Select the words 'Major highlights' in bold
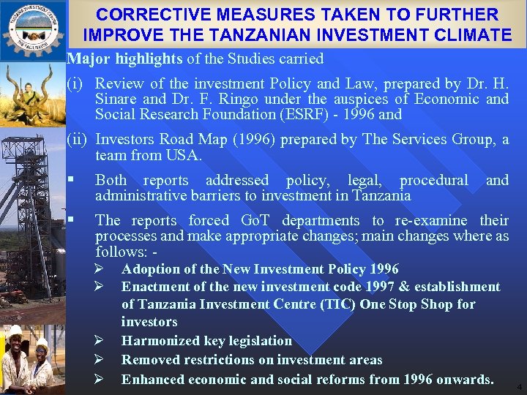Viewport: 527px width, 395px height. (x=124, y=59)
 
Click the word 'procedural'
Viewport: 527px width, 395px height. (x=433, y=180)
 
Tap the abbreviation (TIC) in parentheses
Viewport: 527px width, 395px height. (x=337, y=304)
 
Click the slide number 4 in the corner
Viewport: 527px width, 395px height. (x=519, y=385)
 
